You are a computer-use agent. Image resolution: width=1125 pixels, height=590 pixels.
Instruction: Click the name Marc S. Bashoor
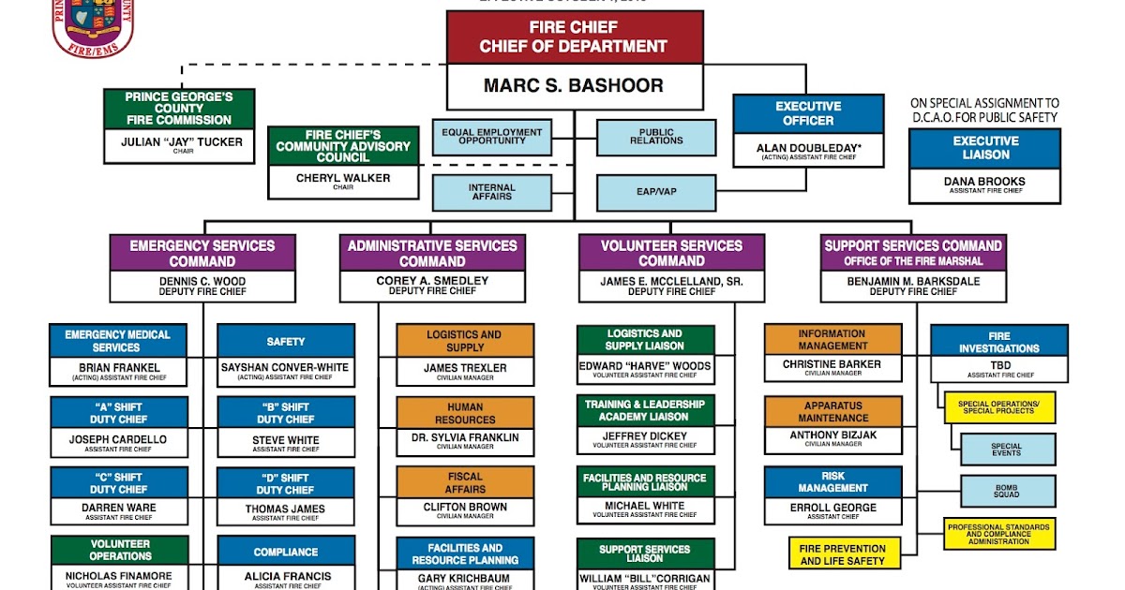(574, 86)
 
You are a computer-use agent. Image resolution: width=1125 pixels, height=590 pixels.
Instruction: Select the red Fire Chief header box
(574, 37)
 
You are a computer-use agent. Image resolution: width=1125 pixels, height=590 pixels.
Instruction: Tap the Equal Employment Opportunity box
(491, 138)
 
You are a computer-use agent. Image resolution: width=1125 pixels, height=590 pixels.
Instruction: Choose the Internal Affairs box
(491, 192)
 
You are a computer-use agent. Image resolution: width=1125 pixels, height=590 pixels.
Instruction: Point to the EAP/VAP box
(656, 192)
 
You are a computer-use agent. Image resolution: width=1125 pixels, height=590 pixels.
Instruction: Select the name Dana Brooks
(984, 182)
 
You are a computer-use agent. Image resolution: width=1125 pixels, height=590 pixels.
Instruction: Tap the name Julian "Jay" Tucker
(178, 142)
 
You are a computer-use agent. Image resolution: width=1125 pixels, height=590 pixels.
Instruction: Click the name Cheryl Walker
(343, 178)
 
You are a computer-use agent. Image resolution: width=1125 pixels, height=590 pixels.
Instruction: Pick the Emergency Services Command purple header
(202, 253)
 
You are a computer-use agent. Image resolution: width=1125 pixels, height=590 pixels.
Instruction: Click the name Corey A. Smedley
(432, 281)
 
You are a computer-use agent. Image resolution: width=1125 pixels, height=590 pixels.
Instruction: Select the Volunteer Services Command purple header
(671, 253)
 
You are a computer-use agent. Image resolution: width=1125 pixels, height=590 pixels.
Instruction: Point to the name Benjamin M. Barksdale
(913, 281)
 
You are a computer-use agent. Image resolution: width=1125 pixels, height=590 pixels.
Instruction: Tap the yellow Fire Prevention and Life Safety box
(843, 554)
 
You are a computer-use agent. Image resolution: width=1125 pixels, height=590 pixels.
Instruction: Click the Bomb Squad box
(1006, 491)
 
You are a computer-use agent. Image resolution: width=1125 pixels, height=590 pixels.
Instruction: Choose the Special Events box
(1006, 450)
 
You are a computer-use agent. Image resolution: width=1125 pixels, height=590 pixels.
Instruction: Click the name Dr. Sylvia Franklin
(465, 437)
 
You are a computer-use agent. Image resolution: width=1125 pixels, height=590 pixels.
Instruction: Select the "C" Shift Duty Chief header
(118, 483)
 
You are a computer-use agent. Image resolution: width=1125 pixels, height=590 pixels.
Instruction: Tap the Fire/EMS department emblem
(93, 26)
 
